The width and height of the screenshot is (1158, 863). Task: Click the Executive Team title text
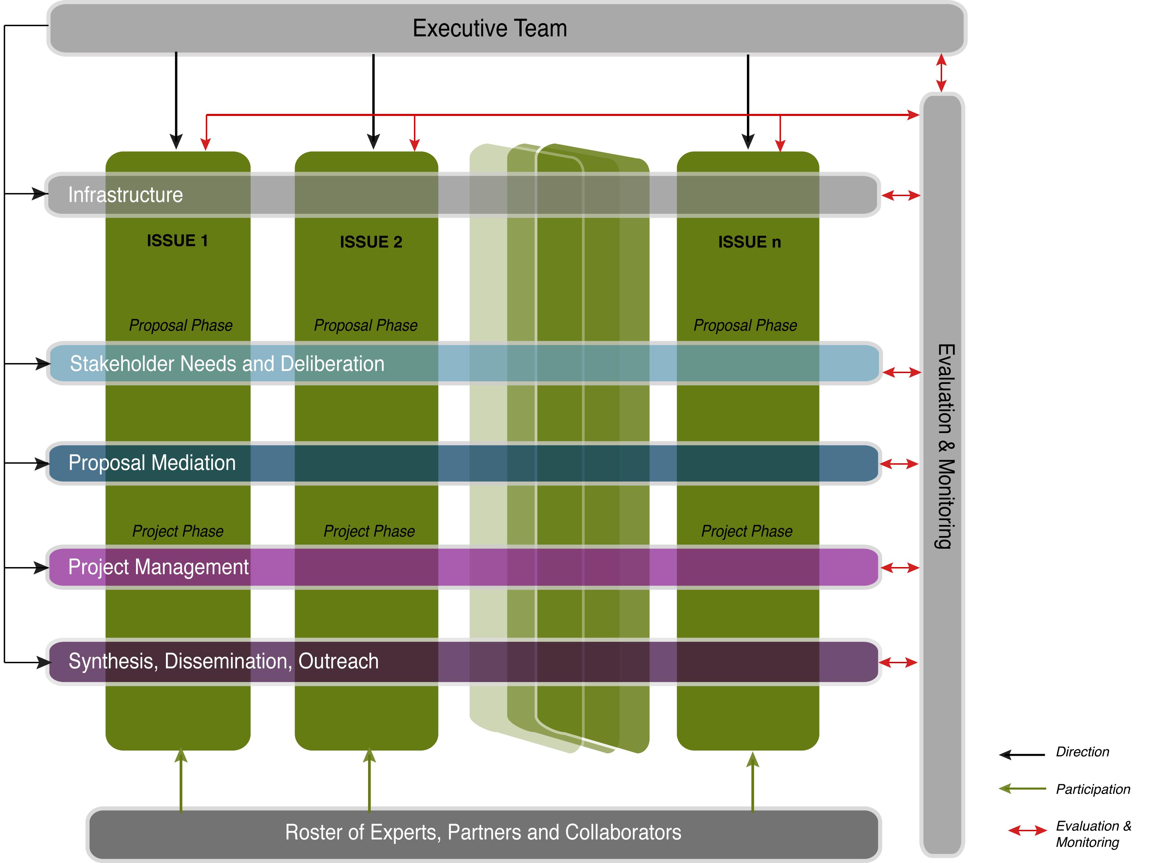click(x=490, y=28)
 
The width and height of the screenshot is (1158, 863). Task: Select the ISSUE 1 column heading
click(x=177, y=241)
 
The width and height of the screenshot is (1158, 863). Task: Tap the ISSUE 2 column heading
click(x=371, y=242)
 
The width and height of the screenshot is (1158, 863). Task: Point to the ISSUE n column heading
click(x=750, y=242)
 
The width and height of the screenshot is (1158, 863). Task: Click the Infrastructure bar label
click(x=126, y=195)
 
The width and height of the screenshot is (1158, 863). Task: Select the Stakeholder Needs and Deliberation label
click(x=227, y=364)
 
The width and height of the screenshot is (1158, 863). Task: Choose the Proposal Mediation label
click(x=152, y=463)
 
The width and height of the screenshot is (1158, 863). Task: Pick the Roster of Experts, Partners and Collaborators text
click(x=483, y=832)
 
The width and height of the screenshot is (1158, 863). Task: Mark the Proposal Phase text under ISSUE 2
click(x=366, y=326)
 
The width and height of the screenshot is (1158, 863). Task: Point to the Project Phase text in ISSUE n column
click(x=747, y=531)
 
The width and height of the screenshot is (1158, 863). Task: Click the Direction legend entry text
click(x=1082, y=752)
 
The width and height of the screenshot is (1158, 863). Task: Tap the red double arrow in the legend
click(x=1027, y=830)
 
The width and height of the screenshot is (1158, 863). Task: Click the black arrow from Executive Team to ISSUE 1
click(x=176, y=99)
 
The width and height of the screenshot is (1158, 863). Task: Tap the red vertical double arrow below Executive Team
click(x=941, y=73)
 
